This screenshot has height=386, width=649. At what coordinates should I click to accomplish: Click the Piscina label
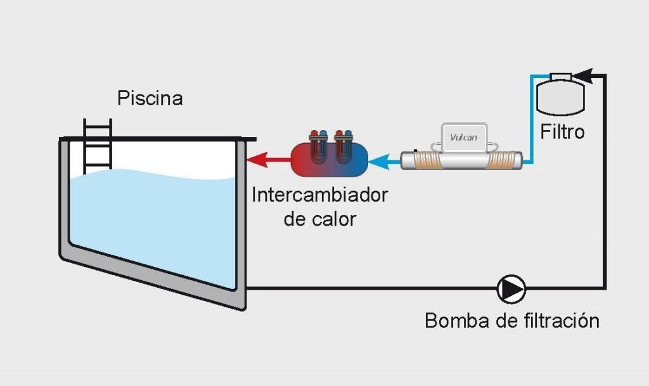click(150, 99)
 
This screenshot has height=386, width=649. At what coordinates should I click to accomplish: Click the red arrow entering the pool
click(269, 159)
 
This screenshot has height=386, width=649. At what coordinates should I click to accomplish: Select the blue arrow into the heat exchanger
click(385, 160)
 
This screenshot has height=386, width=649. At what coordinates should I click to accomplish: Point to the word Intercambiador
click(319, 195)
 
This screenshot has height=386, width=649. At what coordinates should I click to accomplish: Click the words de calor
click(319, 219)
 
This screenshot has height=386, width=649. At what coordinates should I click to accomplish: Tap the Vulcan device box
click(463, 138)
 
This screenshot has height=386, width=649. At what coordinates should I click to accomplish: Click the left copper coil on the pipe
click(425, 160)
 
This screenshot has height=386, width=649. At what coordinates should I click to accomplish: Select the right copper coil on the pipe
click(502, 160)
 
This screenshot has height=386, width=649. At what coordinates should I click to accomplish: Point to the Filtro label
click(562, 132)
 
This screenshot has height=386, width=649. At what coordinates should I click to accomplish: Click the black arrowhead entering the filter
click(584, 75)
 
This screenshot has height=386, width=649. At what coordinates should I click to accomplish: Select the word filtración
click(562, 321)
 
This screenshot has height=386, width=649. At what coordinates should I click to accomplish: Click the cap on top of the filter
click(561, 77)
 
